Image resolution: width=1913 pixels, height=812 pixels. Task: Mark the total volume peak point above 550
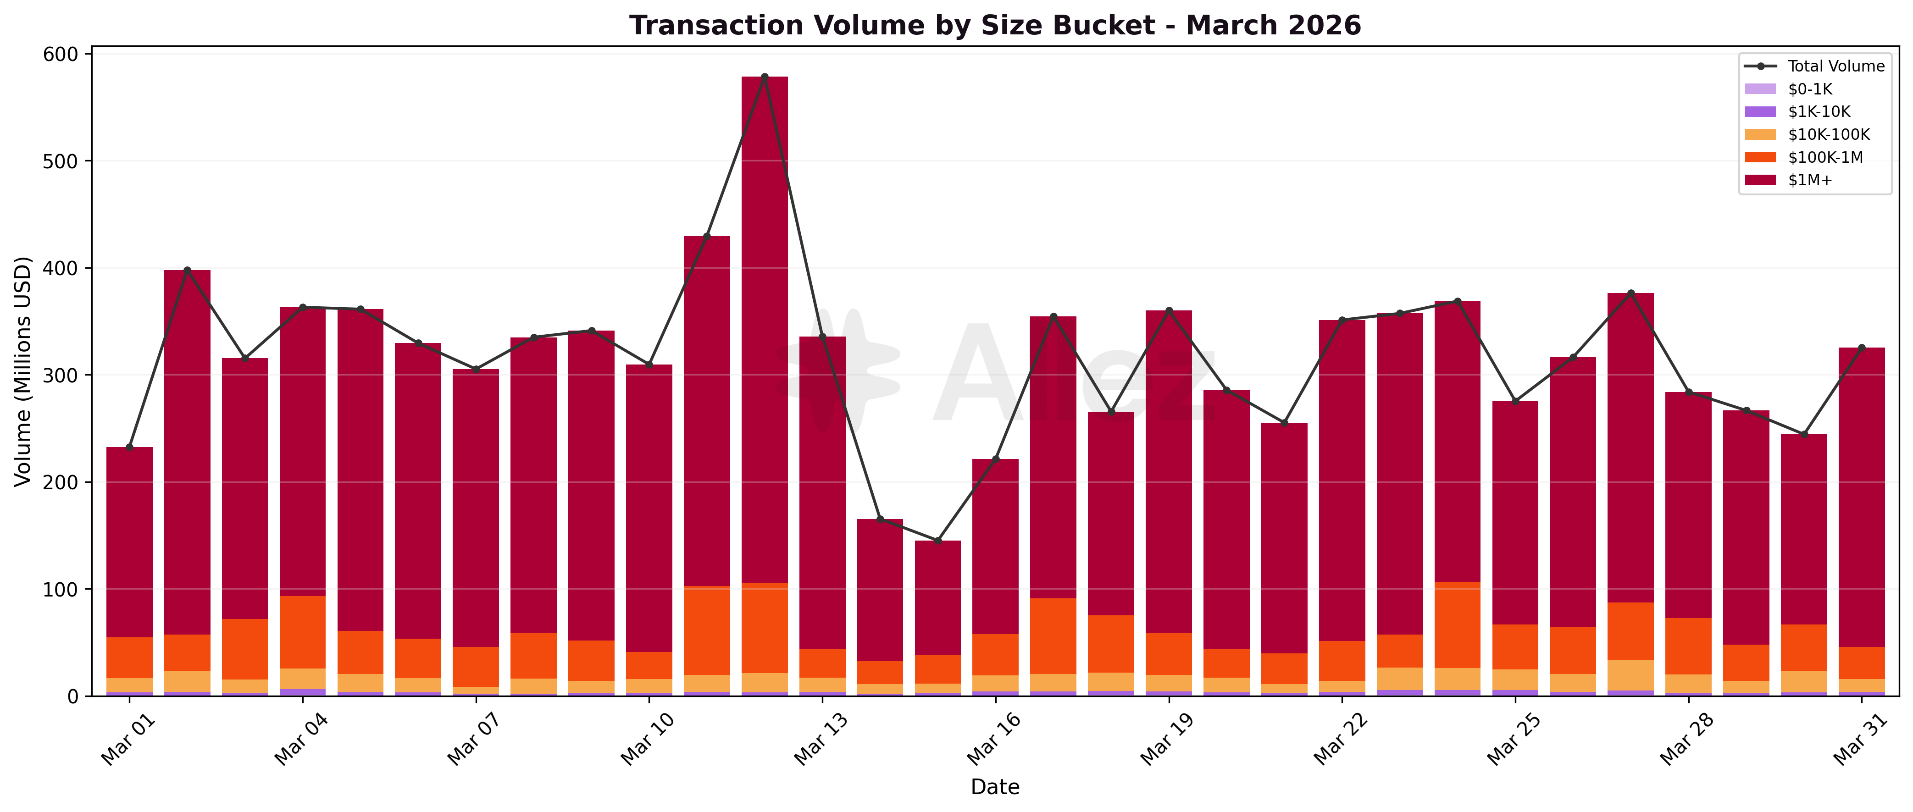765,77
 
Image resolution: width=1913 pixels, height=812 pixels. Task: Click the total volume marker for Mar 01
129,447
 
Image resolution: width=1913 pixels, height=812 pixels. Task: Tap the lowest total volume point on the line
938,541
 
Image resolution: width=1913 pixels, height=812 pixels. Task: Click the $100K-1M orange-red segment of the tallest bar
765,628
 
